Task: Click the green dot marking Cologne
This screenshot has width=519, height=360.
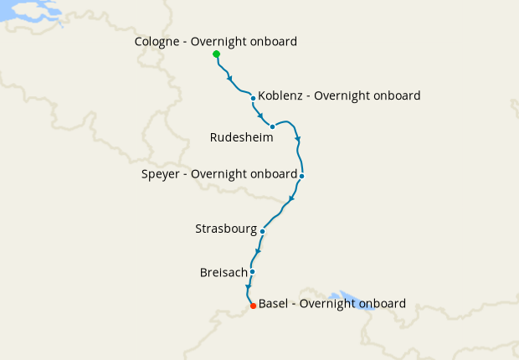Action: tap(217, 54)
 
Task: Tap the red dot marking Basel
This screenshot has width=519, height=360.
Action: tap(253, 306)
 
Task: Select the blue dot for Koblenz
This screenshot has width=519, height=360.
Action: tap(253, 98)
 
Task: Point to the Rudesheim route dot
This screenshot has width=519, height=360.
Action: tap(273, 126)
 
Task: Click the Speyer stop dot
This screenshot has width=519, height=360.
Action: tap(301, 176)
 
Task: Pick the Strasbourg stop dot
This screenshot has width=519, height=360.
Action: tap(263, 231)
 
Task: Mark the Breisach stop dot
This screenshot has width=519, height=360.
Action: tap(252, 271)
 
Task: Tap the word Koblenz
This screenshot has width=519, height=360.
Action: tap(281, 95)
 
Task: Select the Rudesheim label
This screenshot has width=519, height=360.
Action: tap(241, 137)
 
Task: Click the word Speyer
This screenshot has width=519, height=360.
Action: tap(160, 174)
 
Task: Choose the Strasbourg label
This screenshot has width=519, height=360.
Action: tap(225, 228)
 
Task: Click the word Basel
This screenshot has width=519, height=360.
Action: tap(274, 303)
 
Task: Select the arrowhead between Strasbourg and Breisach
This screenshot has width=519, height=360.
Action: tap(259, 251)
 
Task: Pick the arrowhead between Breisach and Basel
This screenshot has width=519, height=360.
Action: tap(249, 288)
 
